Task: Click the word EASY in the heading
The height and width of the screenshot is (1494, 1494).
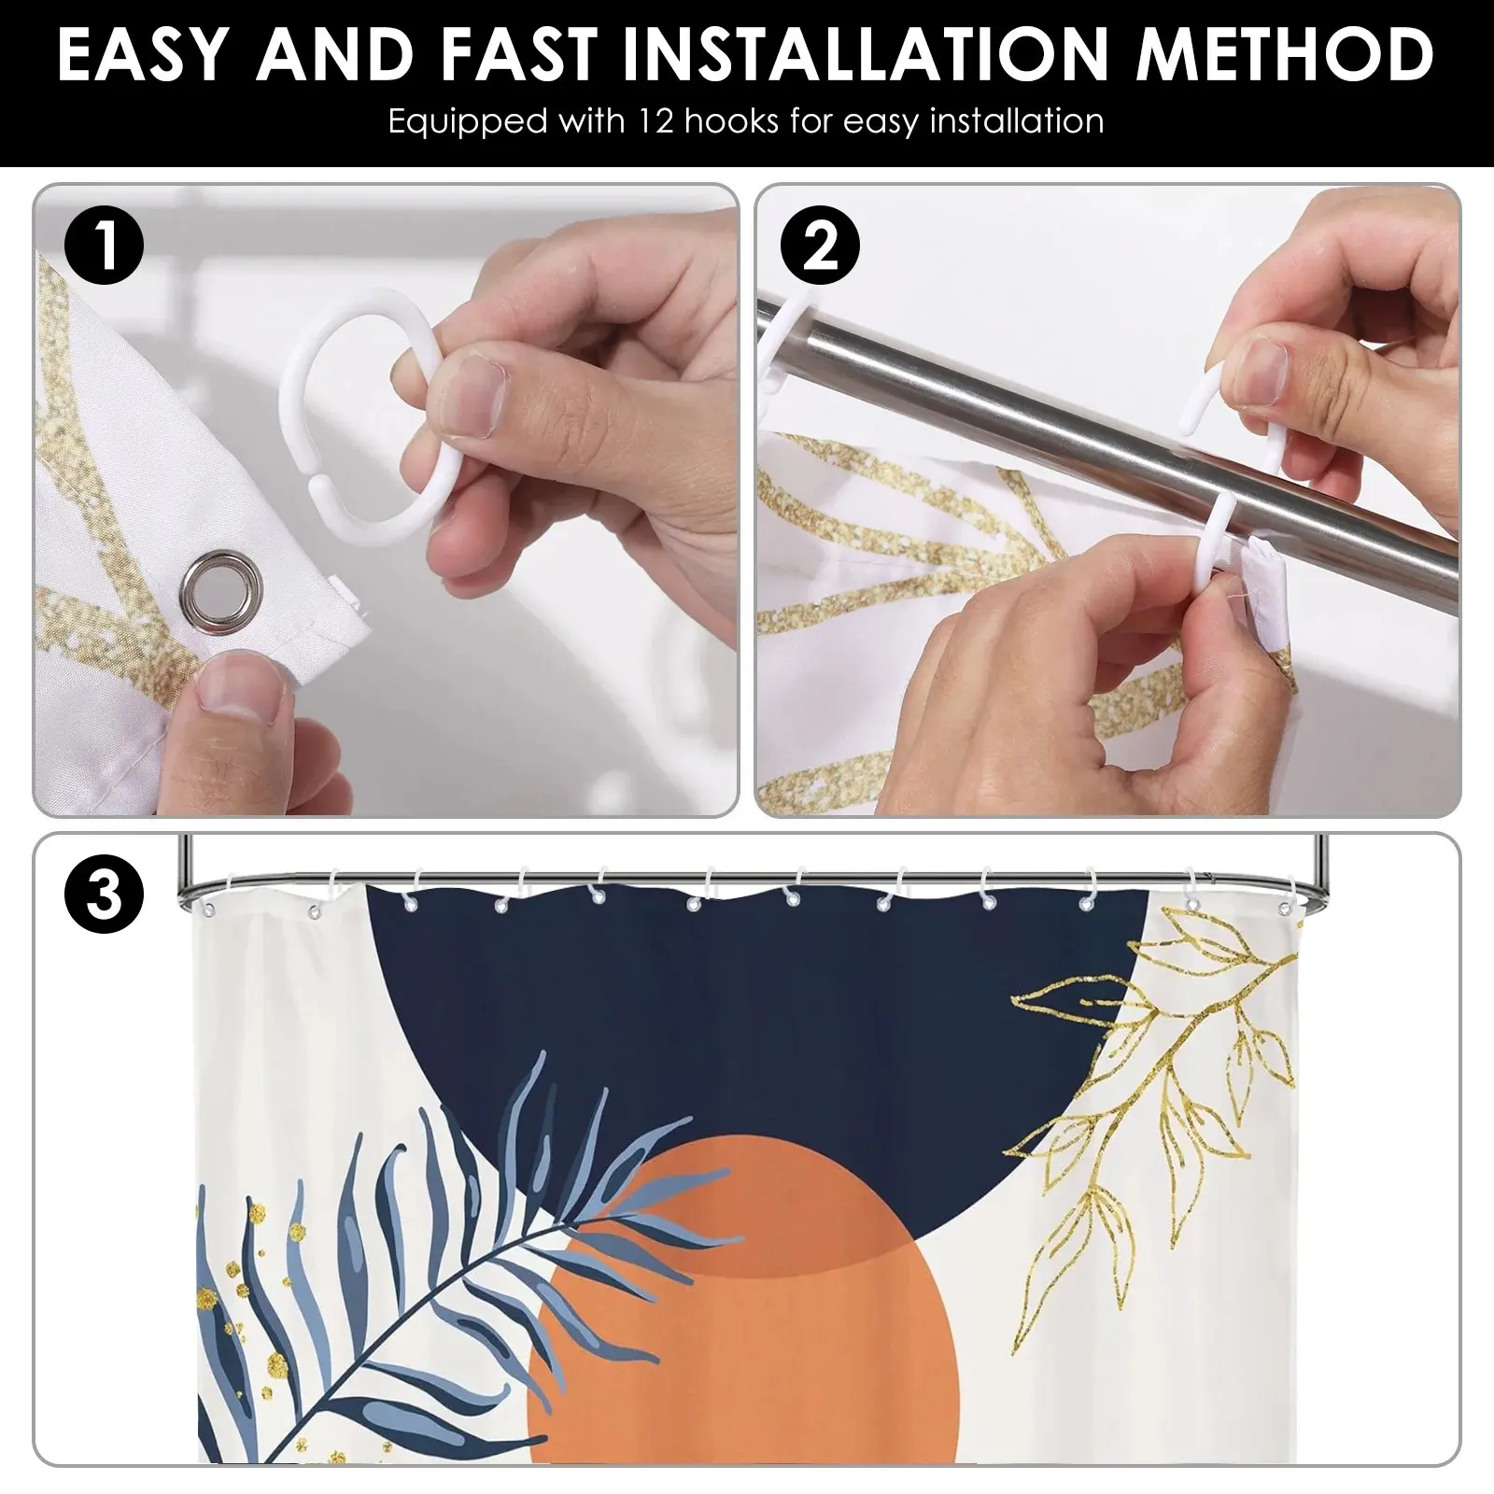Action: pos(144,53)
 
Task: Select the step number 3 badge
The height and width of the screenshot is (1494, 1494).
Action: pos(104,894)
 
